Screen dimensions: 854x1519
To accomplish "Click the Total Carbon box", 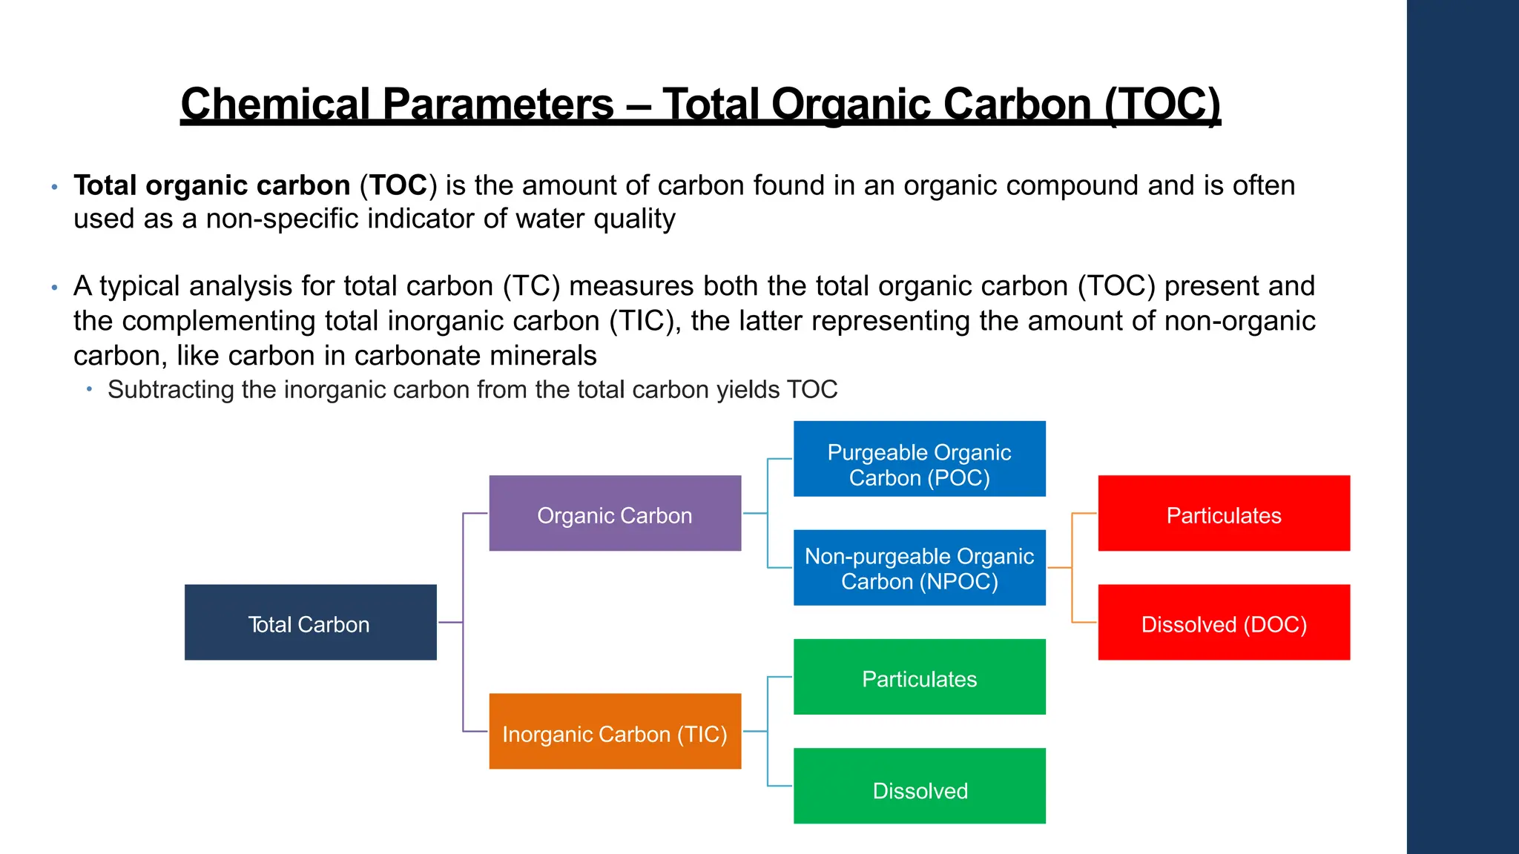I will pyautogui.click(x=310, y=623).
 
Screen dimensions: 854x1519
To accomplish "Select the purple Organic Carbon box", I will pyautogui.click(x=615, y=514).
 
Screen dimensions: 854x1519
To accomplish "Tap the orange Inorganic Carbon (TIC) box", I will pyautogui.click(x=615, y=732).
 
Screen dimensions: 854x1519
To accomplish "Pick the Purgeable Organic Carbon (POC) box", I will pyautogui.click(x=919, y=460).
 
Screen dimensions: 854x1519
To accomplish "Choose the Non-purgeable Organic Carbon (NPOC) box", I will pyautogui.click(x=919, y=568).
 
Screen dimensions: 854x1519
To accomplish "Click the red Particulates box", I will pyautogui.click(x=1224, y=514).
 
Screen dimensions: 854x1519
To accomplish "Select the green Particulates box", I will pyautogui.click(x=919, y=678).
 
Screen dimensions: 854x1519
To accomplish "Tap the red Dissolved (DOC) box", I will pyautogui.click(x=1224, y=623).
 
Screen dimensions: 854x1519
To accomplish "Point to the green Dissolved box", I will pyautogui.click(x=919, y=787).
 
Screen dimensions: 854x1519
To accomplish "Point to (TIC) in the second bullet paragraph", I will pyautogui.click(x=643, y=321).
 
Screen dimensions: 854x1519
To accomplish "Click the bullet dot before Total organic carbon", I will pyautogui.click(x=54, y=187).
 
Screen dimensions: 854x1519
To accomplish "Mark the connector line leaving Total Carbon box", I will pyautogui.click(x=450, y=623).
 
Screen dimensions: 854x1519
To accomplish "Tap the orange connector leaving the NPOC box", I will pyautogui.click(x=1059, y=568).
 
